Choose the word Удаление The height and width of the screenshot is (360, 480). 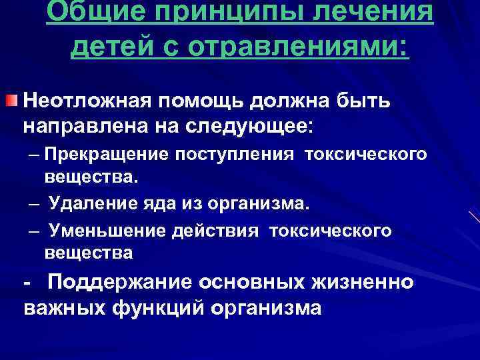(92, 203)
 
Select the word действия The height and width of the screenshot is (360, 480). (216, 231)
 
